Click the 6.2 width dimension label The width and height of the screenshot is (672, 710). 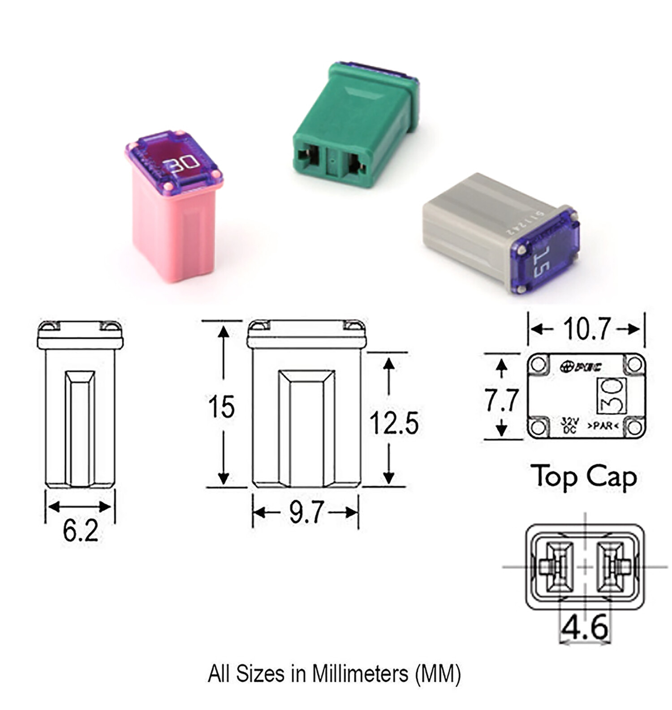[x=80, y=532]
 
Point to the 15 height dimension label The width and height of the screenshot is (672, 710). [x=221, y=407]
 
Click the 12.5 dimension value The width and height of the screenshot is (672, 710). [x=394, y=423]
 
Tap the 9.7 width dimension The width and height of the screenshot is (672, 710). [x=306, y=512]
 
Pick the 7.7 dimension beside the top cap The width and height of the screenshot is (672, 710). [x=501, y=400]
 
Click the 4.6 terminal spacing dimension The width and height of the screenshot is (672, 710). [x=585, y=628]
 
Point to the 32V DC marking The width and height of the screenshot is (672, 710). [x=569, y=425]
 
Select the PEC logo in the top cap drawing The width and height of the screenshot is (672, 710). [x=581, y=366]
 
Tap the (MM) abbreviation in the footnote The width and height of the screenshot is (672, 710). [x=438, y=673]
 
